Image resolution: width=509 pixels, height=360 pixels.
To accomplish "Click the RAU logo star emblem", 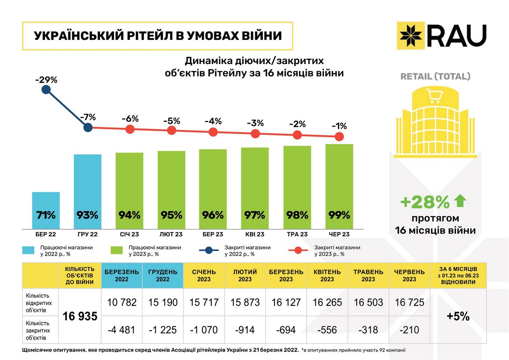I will (410, 35).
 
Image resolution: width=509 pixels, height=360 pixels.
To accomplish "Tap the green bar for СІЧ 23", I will (129, 191).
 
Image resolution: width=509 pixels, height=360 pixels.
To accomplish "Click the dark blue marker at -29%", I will (46, 90).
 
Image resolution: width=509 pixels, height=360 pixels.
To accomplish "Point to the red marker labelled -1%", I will (339, 137).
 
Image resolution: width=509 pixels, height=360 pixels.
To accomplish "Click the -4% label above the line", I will (213, 121).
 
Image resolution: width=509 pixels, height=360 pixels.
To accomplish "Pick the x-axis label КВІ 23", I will (255, 234).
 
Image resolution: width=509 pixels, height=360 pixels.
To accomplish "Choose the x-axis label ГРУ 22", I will (88, 234).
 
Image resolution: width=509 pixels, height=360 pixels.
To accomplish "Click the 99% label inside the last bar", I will (339, 215).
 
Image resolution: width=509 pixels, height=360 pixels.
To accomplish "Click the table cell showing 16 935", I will (80, 316).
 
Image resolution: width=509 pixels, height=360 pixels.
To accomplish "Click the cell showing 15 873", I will (245, 302).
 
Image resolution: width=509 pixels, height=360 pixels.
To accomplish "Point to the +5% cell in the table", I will (459, 316).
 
